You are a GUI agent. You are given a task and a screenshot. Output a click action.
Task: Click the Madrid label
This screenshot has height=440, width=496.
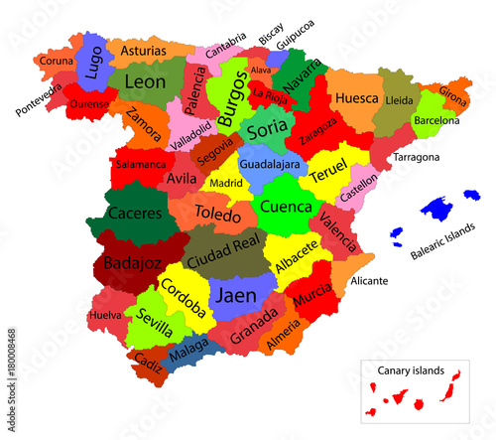(x=226, y=183)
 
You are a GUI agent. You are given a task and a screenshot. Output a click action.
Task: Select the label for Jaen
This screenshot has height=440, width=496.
(x=236, y=295)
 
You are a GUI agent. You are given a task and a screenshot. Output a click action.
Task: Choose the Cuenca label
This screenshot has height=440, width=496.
(x=286, y=208)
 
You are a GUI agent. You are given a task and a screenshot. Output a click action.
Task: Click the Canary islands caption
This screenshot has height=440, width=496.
(x=410, y=369)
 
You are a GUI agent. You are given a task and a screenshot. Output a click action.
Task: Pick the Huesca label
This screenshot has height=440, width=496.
(x=357, y=98)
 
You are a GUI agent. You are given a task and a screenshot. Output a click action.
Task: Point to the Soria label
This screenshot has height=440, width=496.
(x=267, y=129)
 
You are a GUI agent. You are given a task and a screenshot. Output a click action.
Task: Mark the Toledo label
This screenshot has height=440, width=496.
(x=218, y=214)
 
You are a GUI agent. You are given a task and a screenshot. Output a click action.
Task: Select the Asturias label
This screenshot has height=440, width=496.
(x=144, y=50)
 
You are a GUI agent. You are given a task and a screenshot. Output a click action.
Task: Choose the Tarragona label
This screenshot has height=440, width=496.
(x=417, y=158)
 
